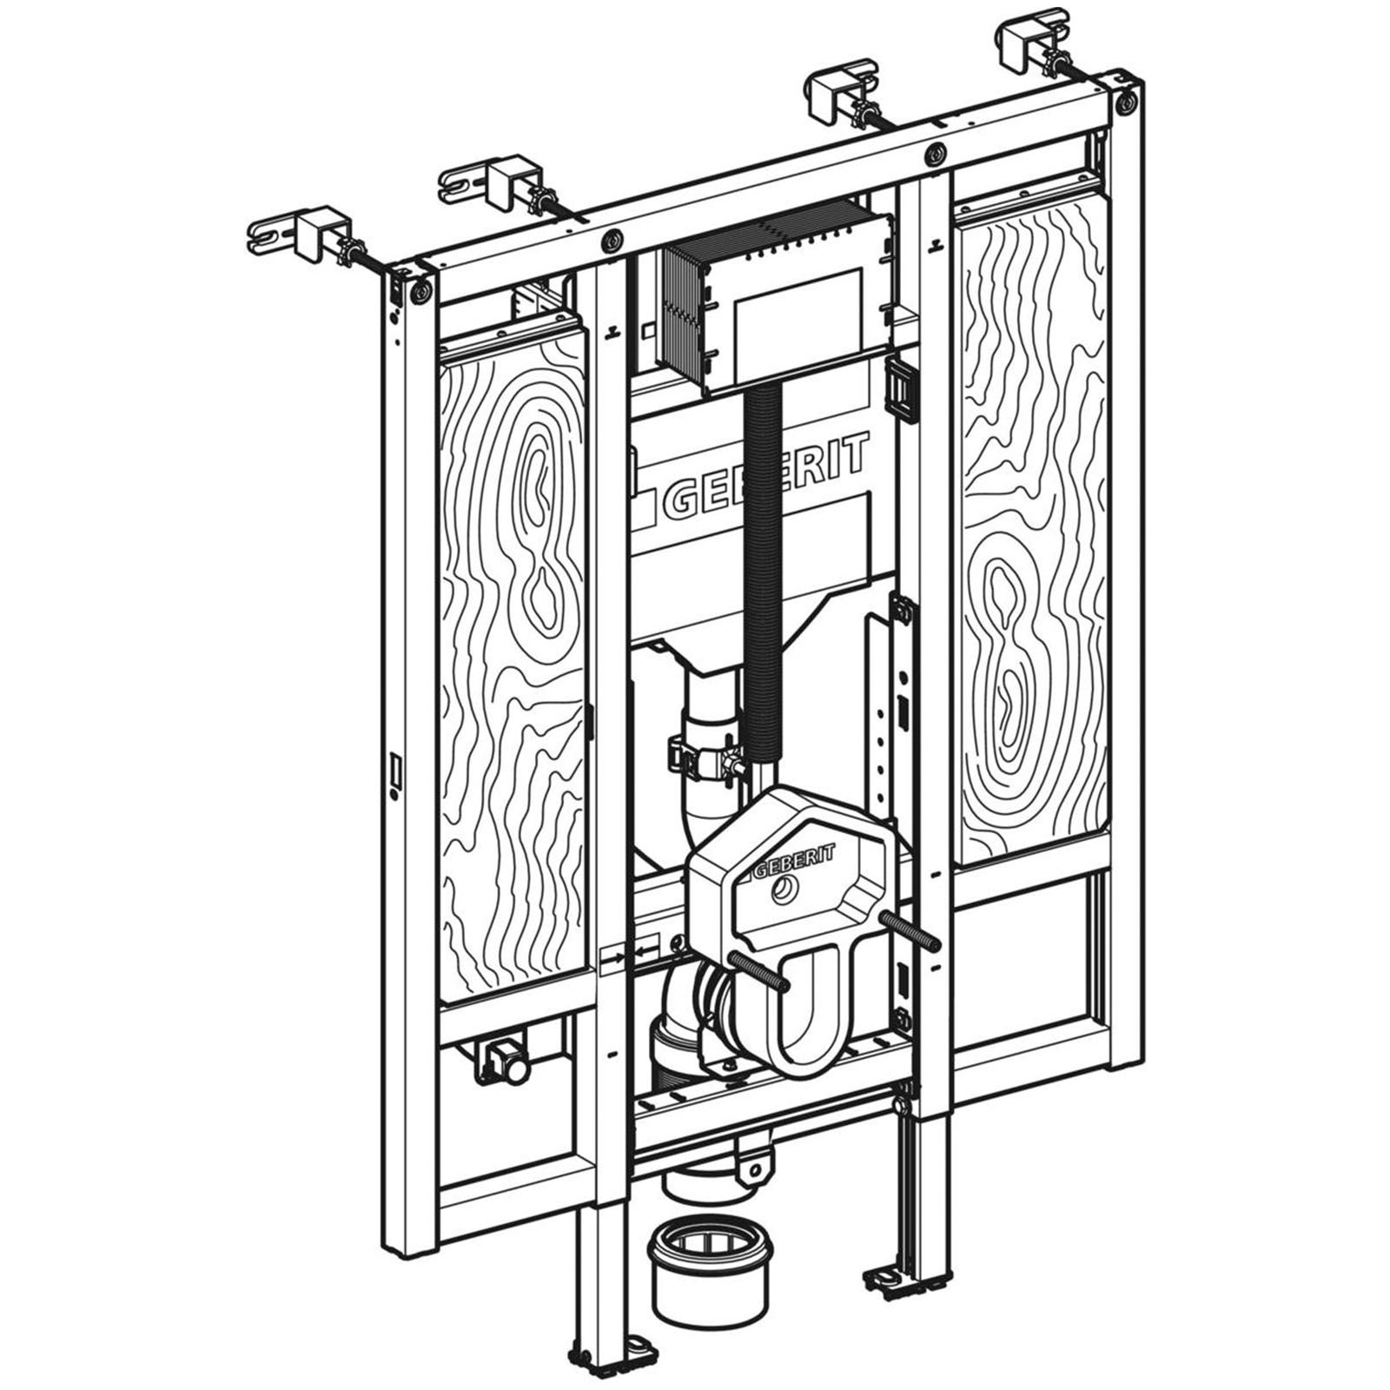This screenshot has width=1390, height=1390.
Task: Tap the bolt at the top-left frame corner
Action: click(x=421, y=292)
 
